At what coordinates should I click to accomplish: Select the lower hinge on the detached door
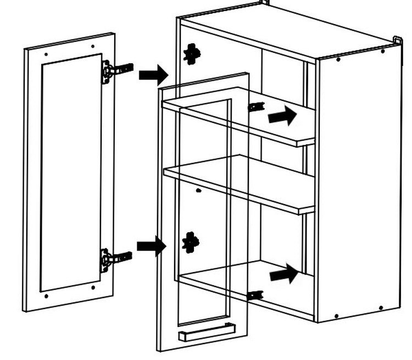pos(114,258)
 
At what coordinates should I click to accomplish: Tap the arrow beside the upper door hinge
pos(153,74)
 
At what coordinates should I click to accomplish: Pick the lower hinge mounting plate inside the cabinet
pos(191,241)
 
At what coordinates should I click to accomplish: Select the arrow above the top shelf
pos(282,116)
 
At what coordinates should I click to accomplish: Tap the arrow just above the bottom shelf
pos(285,274)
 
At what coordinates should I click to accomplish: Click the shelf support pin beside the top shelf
pos(255,106)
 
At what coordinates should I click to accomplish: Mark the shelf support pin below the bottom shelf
pos(253,295)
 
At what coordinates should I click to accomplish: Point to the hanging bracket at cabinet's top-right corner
pos(397,41)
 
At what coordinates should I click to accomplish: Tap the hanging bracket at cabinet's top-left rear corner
pos(265,3)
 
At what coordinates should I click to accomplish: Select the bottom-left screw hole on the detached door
pos(46,296)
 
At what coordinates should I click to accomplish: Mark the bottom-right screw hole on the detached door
pos(93,287)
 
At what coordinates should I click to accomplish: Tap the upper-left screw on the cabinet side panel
pos(337,59)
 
